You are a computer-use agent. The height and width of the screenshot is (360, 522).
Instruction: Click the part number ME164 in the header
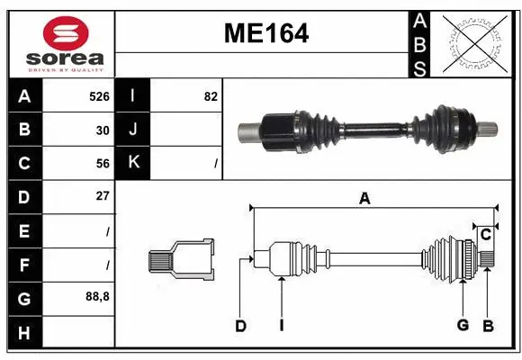click(265, 33)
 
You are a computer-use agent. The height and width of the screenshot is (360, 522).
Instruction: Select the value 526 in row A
click(98, 95)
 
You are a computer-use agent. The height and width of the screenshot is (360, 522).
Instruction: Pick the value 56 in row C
click(102, 163)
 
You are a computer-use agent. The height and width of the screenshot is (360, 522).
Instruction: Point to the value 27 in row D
click(102, 196)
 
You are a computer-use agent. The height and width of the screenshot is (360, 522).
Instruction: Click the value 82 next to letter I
click(211, 95)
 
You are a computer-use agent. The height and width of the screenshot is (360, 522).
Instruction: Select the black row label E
click(23, 230)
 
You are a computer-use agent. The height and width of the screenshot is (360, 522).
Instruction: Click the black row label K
click(133, 163)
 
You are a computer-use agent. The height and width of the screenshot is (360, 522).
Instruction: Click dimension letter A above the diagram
click(364, 199)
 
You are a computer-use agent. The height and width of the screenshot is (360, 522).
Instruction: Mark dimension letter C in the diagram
click(485, 235)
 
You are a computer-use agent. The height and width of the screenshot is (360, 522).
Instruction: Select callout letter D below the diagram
click(240, 326)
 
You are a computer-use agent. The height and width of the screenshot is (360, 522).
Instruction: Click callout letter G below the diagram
click(463, 326)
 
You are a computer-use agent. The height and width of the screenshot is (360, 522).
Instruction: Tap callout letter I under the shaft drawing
click(281, 326)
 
